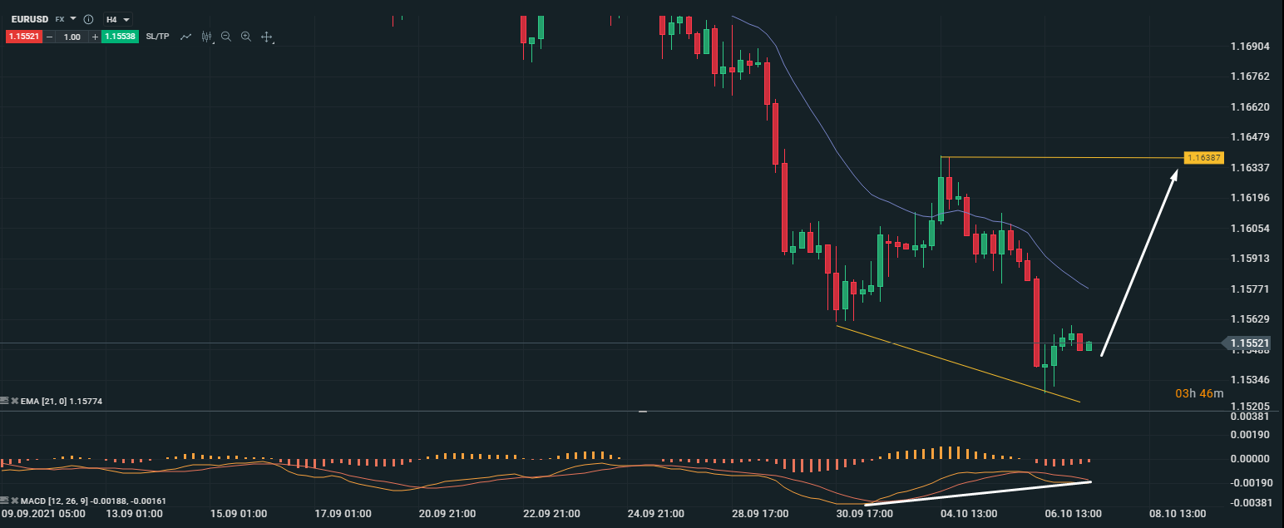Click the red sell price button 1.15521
point(23,37)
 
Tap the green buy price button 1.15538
point(118,37)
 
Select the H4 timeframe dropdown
point(117,18)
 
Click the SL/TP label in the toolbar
point(157,37)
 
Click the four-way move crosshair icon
point(267,37)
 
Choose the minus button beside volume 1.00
point(51,37)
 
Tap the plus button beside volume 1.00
point(95,37)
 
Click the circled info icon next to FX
point(88,18)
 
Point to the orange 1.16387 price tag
point(1203,157)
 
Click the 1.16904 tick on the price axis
point(1250,46)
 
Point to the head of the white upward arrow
point(1176,171)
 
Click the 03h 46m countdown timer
point(1199,392)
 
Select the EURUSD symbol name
point(28,18)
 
